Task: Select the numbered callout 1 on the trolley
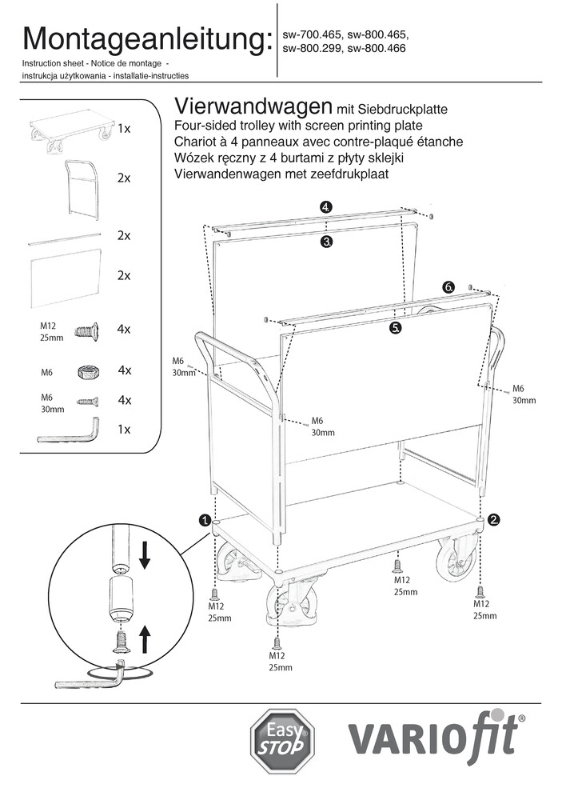(x=205, y=520)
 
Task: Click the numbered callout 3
(x=326, y=242)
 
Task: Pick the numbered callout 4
(x=325, y=207)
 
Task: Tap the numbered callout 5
(x=397, y=328)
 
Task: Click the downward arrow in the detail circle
(x=145, y=554)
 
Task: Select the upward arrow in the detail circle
(x=145, y=640)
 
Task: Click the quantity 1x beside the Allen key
(x=123, y=429)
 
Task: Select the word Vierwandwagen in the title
(x=252, y=107)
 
